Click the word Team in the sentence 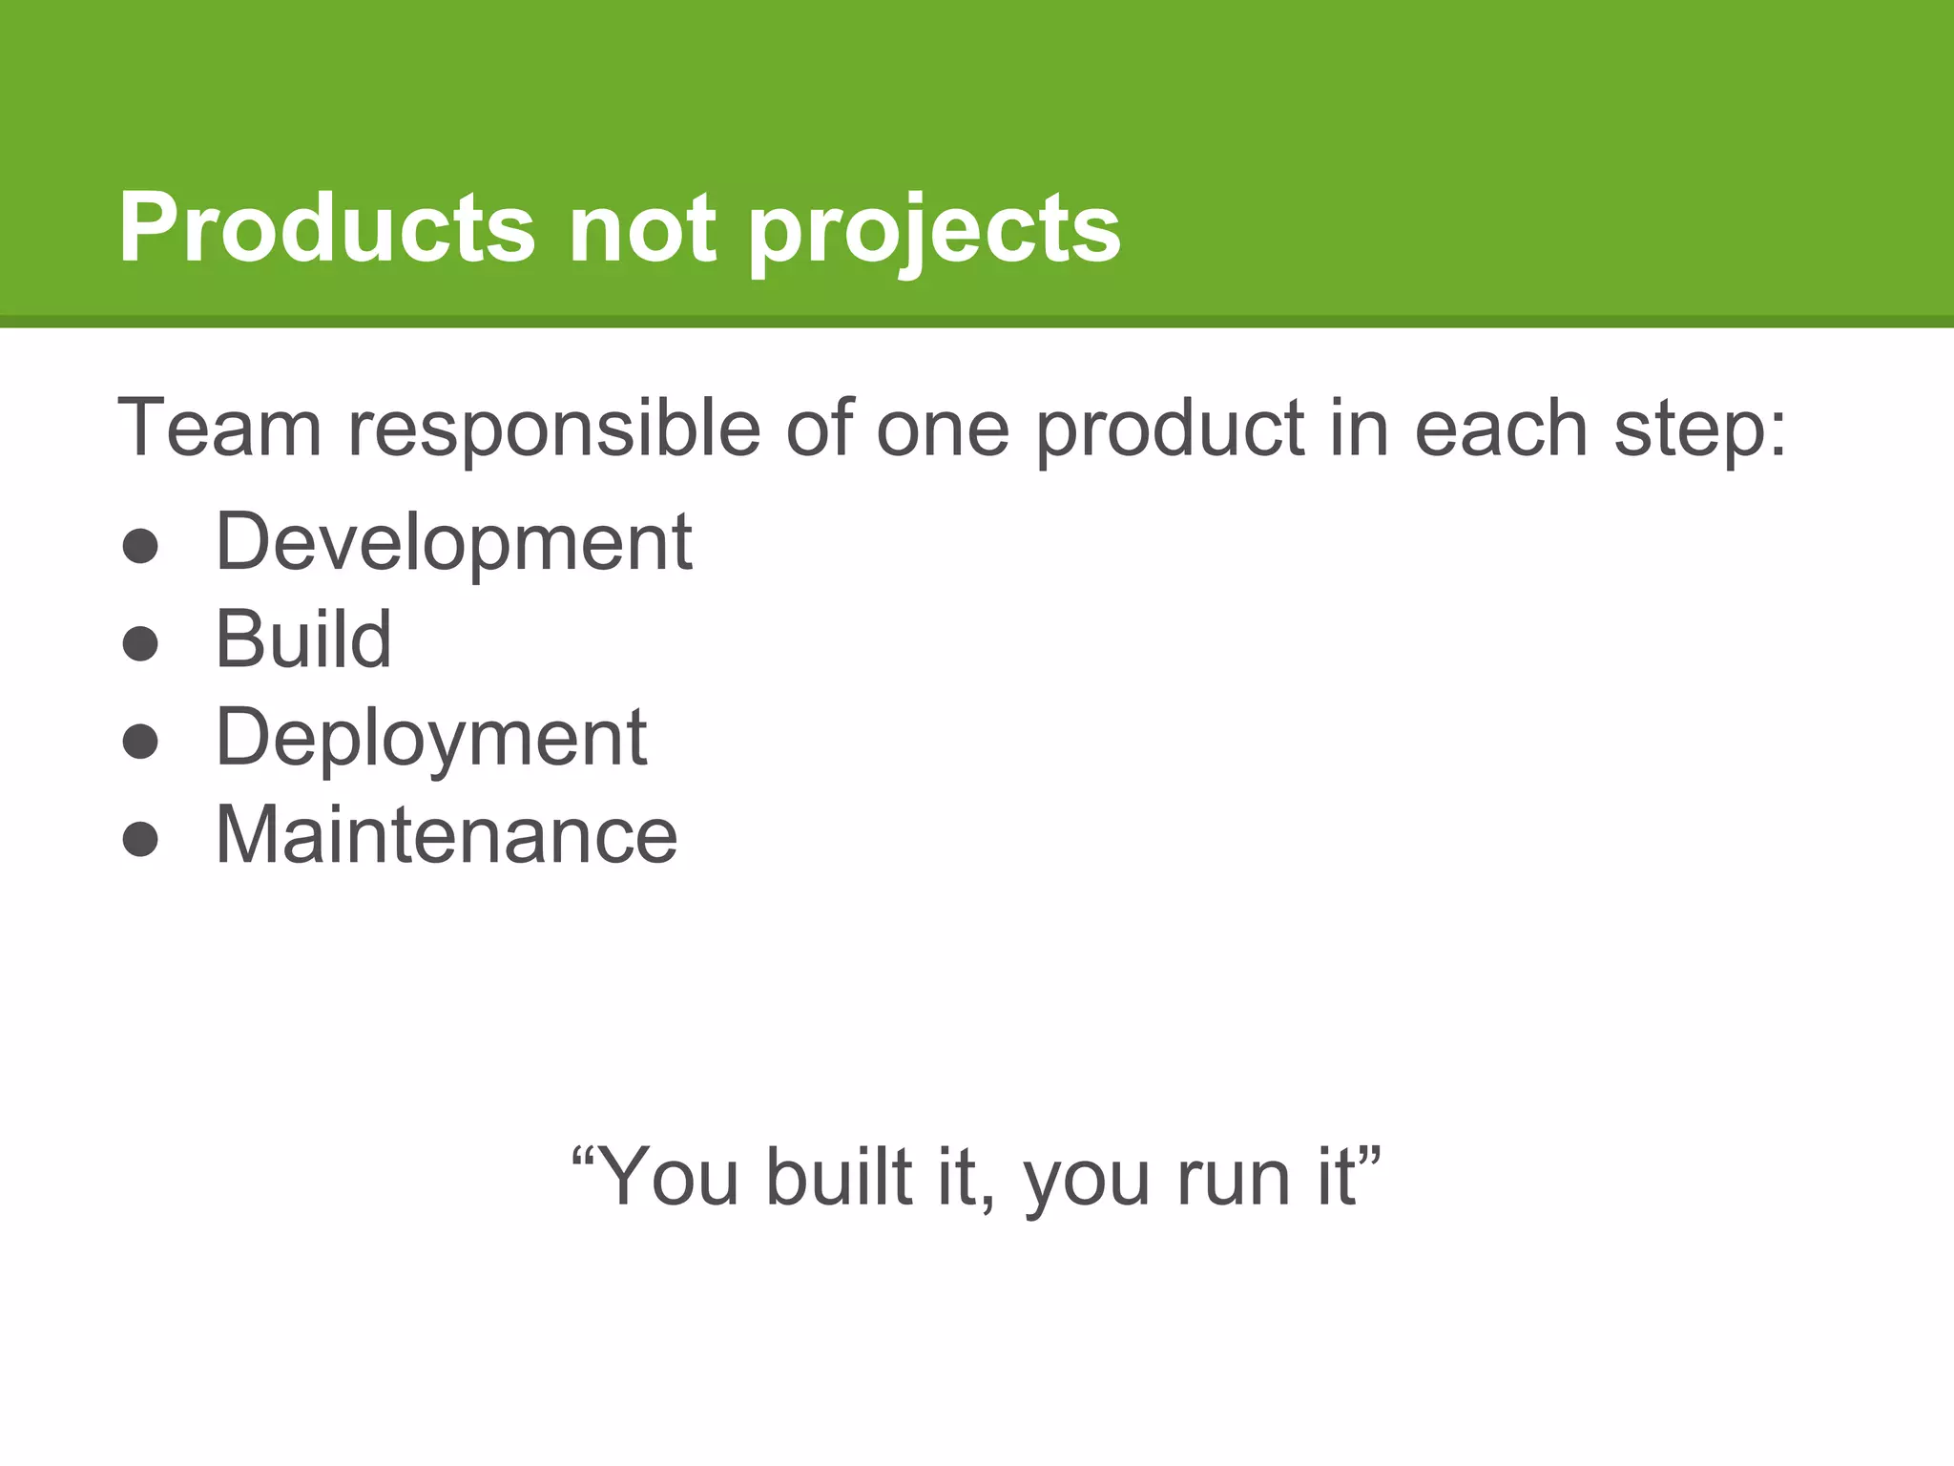[219, 428]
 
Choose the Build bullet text [303, 639]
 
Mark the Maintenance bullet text [447, 835]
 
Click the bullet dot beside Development [140, 547]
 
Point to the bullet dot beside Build [140, 644]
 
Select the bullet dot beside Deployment [140, 742]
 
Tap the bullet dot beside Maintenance [140, 839]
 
